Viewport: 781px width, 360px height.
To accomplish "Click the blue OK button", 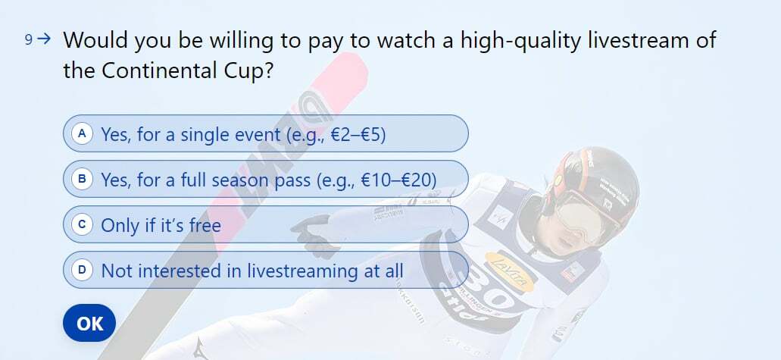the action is point(89,323).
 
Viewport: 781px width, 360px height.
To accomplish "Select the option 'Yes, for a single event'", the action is point(265,133).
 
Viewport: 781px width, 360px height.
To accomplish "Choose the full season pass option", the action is point(265,179).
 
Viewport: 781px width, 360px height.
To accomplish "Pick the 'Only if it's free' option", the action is point(265,224).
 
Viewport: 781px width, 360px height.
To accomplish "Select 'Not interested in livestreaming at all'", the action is point(265,270).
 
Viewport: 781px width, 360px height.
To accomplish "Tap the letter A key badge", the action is point(82,133).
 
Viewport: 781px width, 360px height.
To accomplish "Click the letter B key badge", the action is point(82,179).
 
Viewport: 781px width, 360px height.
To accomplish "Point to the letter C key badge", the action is point(82,224).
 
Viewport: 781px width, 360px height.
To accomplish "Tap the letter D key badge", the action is point(82,270).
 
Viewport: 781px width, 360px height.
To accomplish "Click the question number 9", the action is point(29,40).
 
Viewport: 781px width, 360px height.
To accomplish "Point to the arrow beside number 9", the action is point(45,39).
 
